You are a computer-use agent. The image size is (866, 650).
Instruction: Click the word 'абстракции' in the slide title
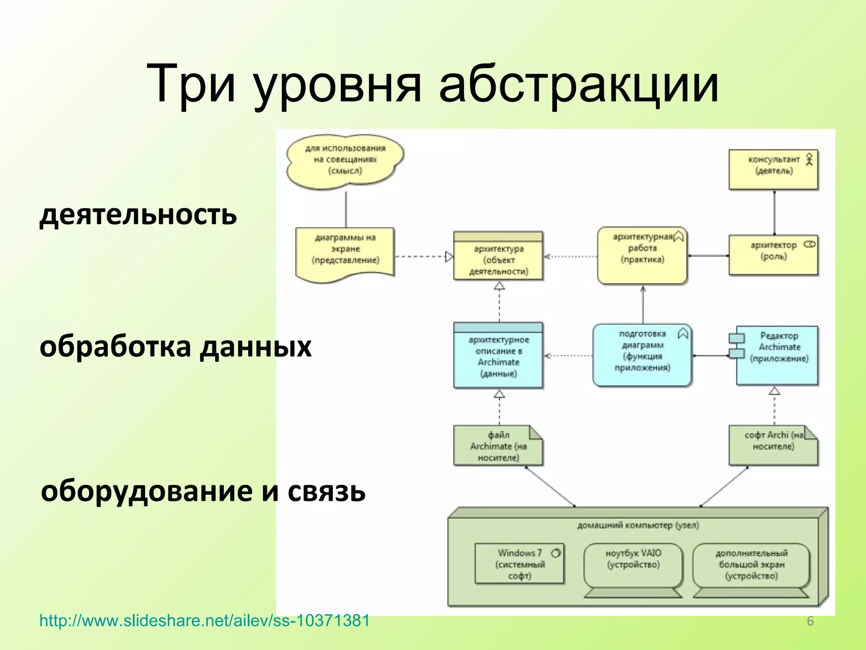pos(578,83)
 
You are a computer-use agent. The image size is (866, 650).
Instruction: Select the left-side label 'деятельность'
pos(138,215)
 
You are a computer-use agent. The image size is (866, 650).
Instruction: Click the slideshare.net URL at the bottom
pos(204,621)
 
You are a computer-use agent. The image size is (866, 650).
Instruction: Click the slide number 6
pos(810,621)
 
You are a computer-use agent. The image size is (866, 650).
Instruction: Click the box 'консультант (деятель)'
pos(773,169)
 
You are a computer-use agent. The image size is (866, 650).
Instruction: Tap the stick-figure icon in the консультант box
pos(809,159)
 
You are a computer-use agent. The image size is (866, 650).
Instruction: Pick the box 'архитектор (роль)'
pos(773,255)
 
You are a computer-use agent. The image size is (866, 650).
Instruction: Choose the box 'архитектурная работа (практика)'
pos(642,255)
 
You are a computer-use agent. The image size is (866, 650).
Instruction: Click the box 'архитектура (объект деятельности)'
pos(498,259)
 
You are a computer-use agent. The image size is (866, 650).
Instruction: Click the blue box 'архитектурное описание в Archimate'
pos(498,356)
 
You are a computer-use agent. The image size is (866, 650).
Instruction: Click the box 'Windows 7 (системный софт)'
pos(519,564)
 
